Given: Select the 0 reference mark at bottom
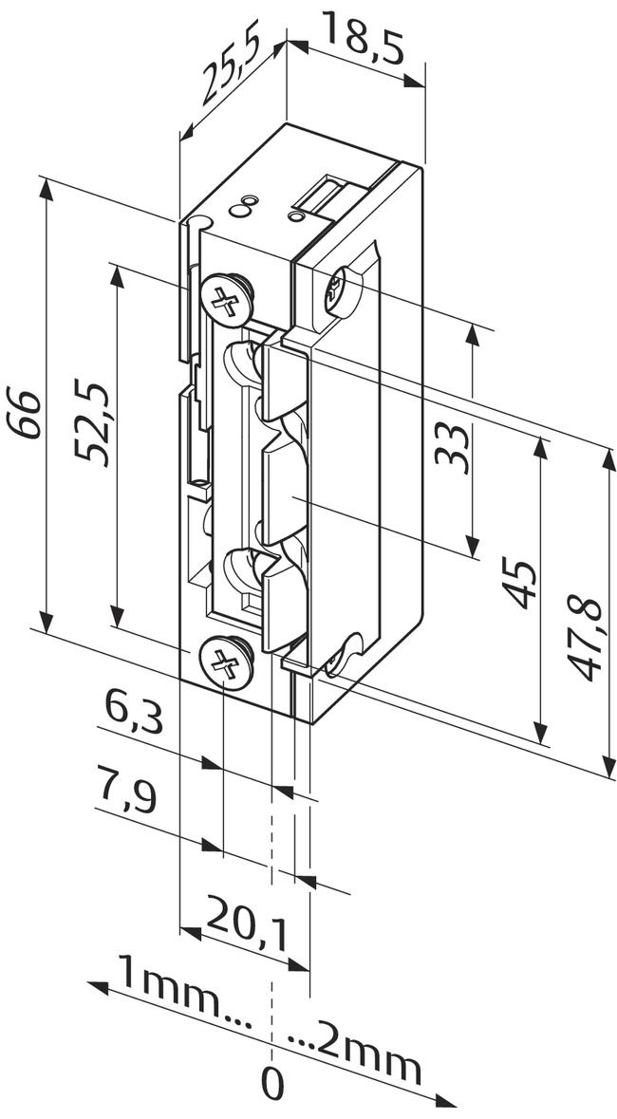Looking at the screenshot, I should [272, 1084].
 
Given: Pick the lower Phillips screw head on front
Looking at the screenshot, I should [226, 662].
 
